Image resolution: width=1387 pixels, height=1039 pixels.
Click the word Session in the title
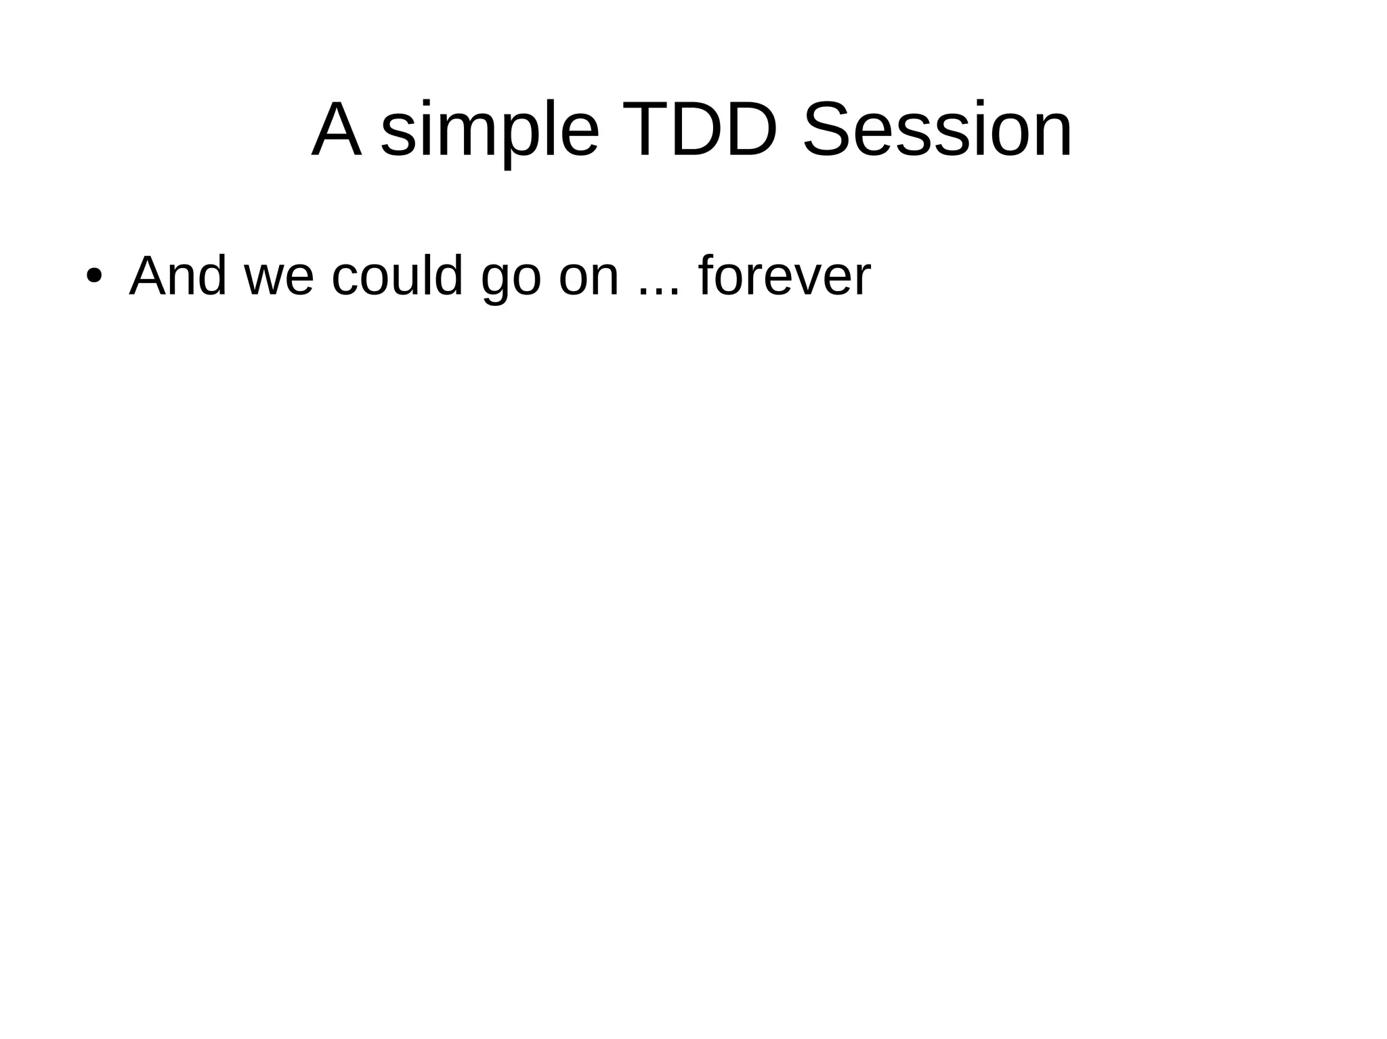coord(937,130)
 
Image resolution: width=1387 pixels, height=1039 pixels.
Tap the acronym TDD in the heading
coord(699,130)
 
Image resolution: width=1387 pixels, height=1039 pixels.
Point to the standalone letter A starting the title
coord(336,130)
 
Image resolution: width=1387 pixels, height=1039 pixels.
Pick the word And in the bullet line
coord(177,276)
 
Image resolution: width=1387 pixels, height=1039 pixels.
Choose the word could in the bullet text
coord(397,276)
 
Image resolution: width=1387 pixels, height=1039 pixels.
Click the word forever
coord(784,276)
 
